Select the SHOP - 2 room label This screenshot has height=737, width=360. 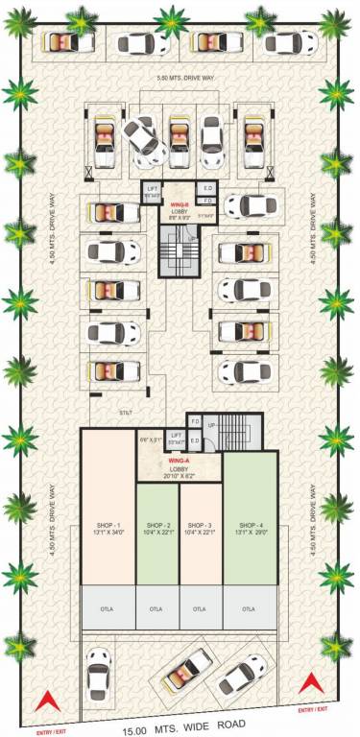click(x=156, y=525)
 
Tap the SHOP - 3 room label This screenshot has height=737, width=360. click(x=200, y=525)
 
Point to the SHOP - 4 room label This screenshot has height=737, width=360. click(x=250, y=525)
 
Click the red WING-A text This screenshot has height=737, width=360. click(x=180, y=461)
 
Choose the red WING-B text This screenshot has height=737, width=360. click(x=180, y=203)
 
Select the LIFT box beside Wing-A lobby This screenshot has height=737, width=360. click(x=175, y=438)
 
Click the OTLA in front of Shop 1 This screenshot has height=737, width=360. click(x=107, y=607)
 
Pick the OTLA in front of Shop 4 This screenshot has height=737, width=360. click(x=250, y=607)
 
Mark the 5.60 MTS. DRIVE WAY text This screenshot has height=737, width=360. click(x=180, y=78)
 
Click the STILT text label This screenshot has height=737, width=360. click(x=125, y=410)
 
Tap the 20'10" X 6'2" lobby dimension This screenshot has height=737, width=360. click(x=180, y=475)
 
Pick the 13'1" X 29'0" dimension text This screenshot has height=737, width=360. click(x=250, y=533)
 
